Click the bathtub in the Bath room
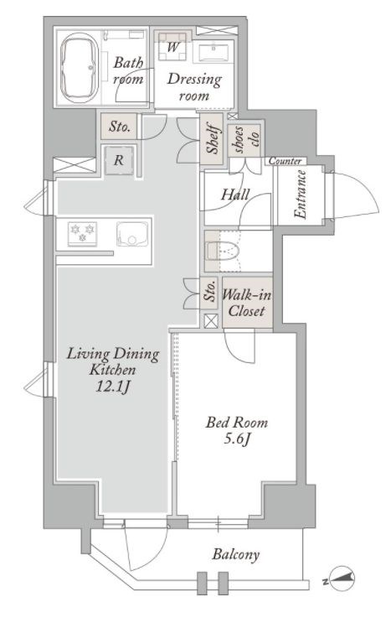[80, 68]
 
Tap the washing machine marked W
[172, 47]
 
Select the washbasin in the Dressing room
[213, 51]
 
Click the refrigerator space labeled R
[119, 160]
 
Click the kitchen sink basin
[132, 234]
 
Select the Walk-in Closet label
[246, 303]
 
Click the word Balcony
[235, 554]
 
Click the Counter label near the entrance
[285, 161]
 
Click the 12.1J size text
[112, 387]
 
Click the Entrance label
[301, 195]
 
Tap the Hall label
[235, 195]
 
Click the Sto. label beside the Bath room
[120, 127]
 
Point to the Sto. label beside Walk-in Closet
[210, 291]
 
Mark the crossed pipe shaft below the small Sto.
[210, 321]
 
